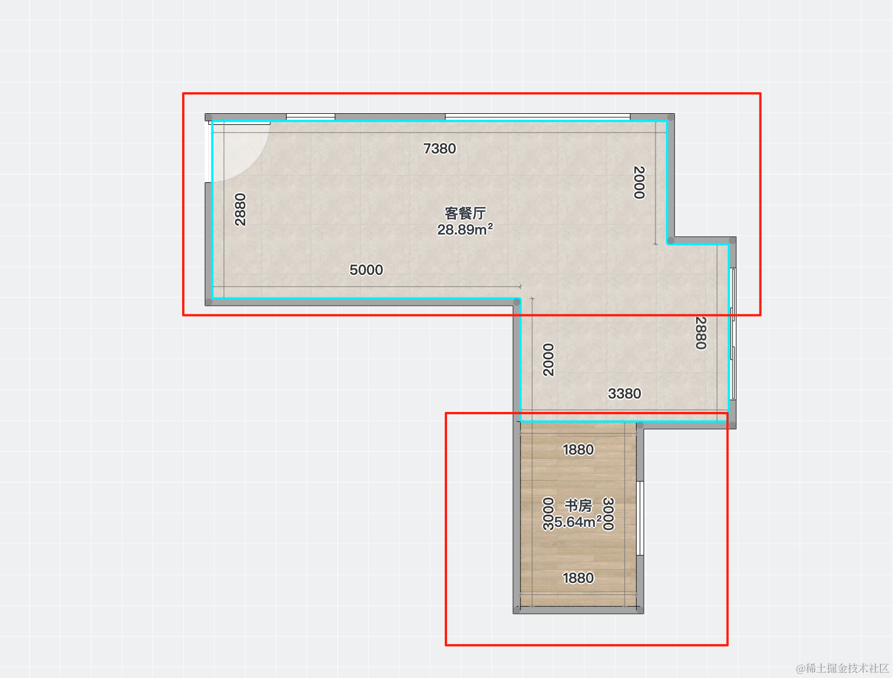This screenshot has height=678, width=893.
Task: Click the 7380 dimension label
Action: pos(439,148)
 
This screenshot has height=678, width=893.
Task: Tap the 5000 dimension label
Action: pos(366,270)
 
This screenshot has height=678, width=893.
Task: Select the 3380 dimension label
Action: pos(624,393)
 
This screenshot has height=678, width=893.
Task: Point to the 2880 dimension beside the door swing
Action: pos(240,209)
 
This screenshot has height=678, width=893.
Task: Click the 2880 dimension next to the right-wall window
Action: pos(700,333)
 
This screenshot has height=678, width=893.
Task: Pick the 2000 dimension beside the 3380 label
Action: pos(549,359)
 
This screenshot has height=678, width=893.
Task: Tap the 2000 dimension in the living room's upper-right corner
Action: pos(639,182)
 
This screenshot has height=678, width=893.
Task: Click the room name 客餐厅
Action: pos(465,213)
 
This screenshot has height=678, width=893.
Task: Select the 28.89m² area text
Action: pos(465,229)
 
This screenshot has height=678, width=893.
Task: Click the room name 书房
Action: pos(578,505)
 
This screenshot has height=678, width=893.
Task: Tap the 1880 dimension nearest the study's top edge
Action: pos(578,449)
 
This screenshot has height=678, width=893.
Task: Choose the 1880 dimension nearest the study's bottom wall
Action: pos(578,578)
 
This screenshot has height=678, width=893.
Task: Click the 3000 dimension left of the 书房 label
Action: pos(549,513)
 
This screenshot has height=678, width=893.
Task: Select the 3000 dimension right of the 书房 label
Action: pos(608,513)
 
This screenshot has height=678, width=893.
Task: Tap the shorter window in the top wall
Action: pos(311,117)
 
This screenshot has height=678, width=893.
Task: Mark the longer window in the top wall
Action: pos(538,117)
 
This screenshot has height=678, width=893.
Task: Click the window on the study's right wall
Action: pos(640,518)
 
